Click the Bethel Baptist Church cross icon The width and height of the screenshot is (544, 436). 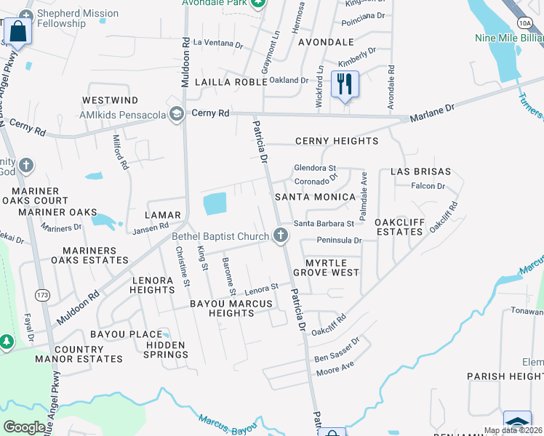tap(281, 235)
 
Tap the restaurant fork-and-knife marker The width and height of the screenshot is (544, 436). tap(345, 84)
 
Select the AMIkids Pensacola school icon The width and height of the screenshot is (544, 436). tap(176, 114)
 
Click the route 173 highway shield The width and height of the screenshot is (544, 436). tap(43, 294)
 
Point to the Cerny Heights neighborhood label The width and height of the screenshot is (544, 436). tap(336, 141)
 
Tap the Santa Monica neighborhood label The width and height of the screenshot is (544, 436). tap(314, 197)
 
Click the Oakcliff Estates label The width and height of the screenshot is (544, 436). tap(399, 226)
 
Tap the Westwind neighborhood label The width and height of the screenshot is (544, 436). tap(110, 100)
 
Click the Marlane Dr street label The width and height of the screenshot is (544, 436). tap(431, 111)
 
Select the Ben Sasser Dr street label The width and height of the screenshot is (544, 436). tap(337, 350)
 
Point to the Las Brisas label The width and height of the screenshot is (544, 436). tap(420, 172)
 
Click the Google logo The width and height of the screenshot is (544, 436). tap(25, 427)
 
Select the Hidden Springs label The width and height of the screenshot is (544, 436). tap(167, 350)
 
